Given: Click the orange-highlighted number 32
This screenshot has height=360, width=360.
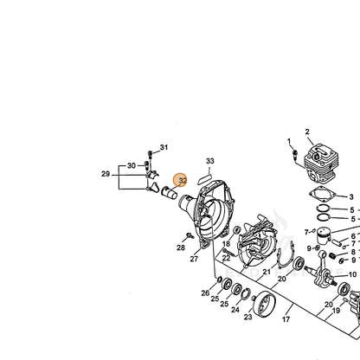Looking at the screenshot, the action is pyautogui.click(x=183, y=181).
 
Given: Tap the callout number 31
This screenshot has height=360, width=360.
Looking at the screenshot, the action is pyautogui.click(x=164, y=147).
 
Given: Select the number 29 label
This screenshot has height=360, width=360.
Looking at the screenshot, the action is pyautogui.click(x=106, y=174).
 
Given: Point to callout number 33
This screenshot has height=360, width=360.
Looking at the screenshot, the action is pyautogui.click(x=210, y=161).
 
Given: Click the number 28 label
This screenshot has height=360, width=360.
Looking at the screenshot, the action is pyautogui.click(x=181, y=247).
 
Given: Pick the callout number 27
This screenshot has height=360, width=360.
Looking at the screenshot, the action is pyautogui.click(x=194, y=259).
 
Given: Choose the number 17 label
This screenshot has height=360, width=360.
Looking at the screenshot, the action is pyautogui.click(x=286, y=319).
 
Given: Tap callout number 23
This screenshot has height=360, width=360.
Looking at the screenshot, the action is pyautogui.click(x=248, y=317).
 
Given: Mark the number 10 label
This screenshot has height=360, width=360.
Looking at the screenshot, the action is pyautogui.click(x=352, y=274).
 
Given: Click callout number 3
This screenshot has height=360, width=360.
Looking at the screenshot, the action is pyautogui.click(x=351, y=197).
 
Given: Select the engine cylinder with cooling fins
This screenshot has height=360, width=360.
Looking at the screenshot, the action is pyautogui.click(x=319, y=163).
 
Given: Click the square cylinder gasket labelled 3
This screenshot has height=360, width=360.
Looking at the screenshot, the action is pyautogui.click(x=321, y=195).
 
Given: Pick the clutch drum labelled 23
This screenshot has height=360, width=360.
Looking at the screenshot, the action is pyautogui.click(x=264, y=305).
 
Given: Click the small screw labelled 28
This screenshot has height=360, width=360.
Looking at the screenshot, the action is pyautogui.click(x=190, y=235).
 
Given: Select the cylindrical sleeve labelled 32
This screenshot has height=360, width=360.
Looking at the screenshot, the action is pyautogui.click(x=169, y=193).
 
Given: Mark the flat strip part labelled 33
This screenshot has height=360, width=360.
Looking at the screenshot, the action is pyautogui.click(x=205, y=179).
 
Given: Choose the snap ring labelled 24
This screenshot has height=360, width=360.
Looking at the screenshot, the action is pyautogui.click(x=246, y=294).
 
